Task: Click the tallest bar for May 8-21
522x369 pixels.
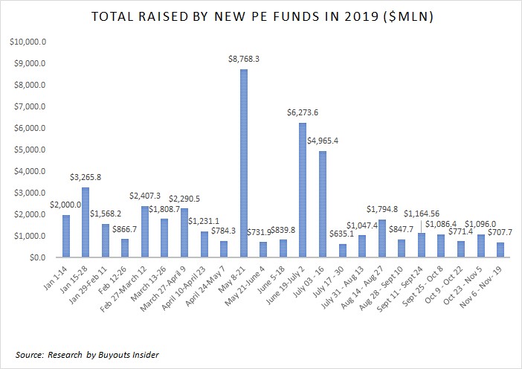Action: pyautogui.click(x=242, y=164)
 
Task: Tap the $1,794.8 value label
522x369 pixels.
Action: pyautogui.click(x=382, y=209)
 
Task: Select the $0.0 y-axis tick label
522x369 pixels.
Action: pyautogui.click(x=39, y=257)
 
